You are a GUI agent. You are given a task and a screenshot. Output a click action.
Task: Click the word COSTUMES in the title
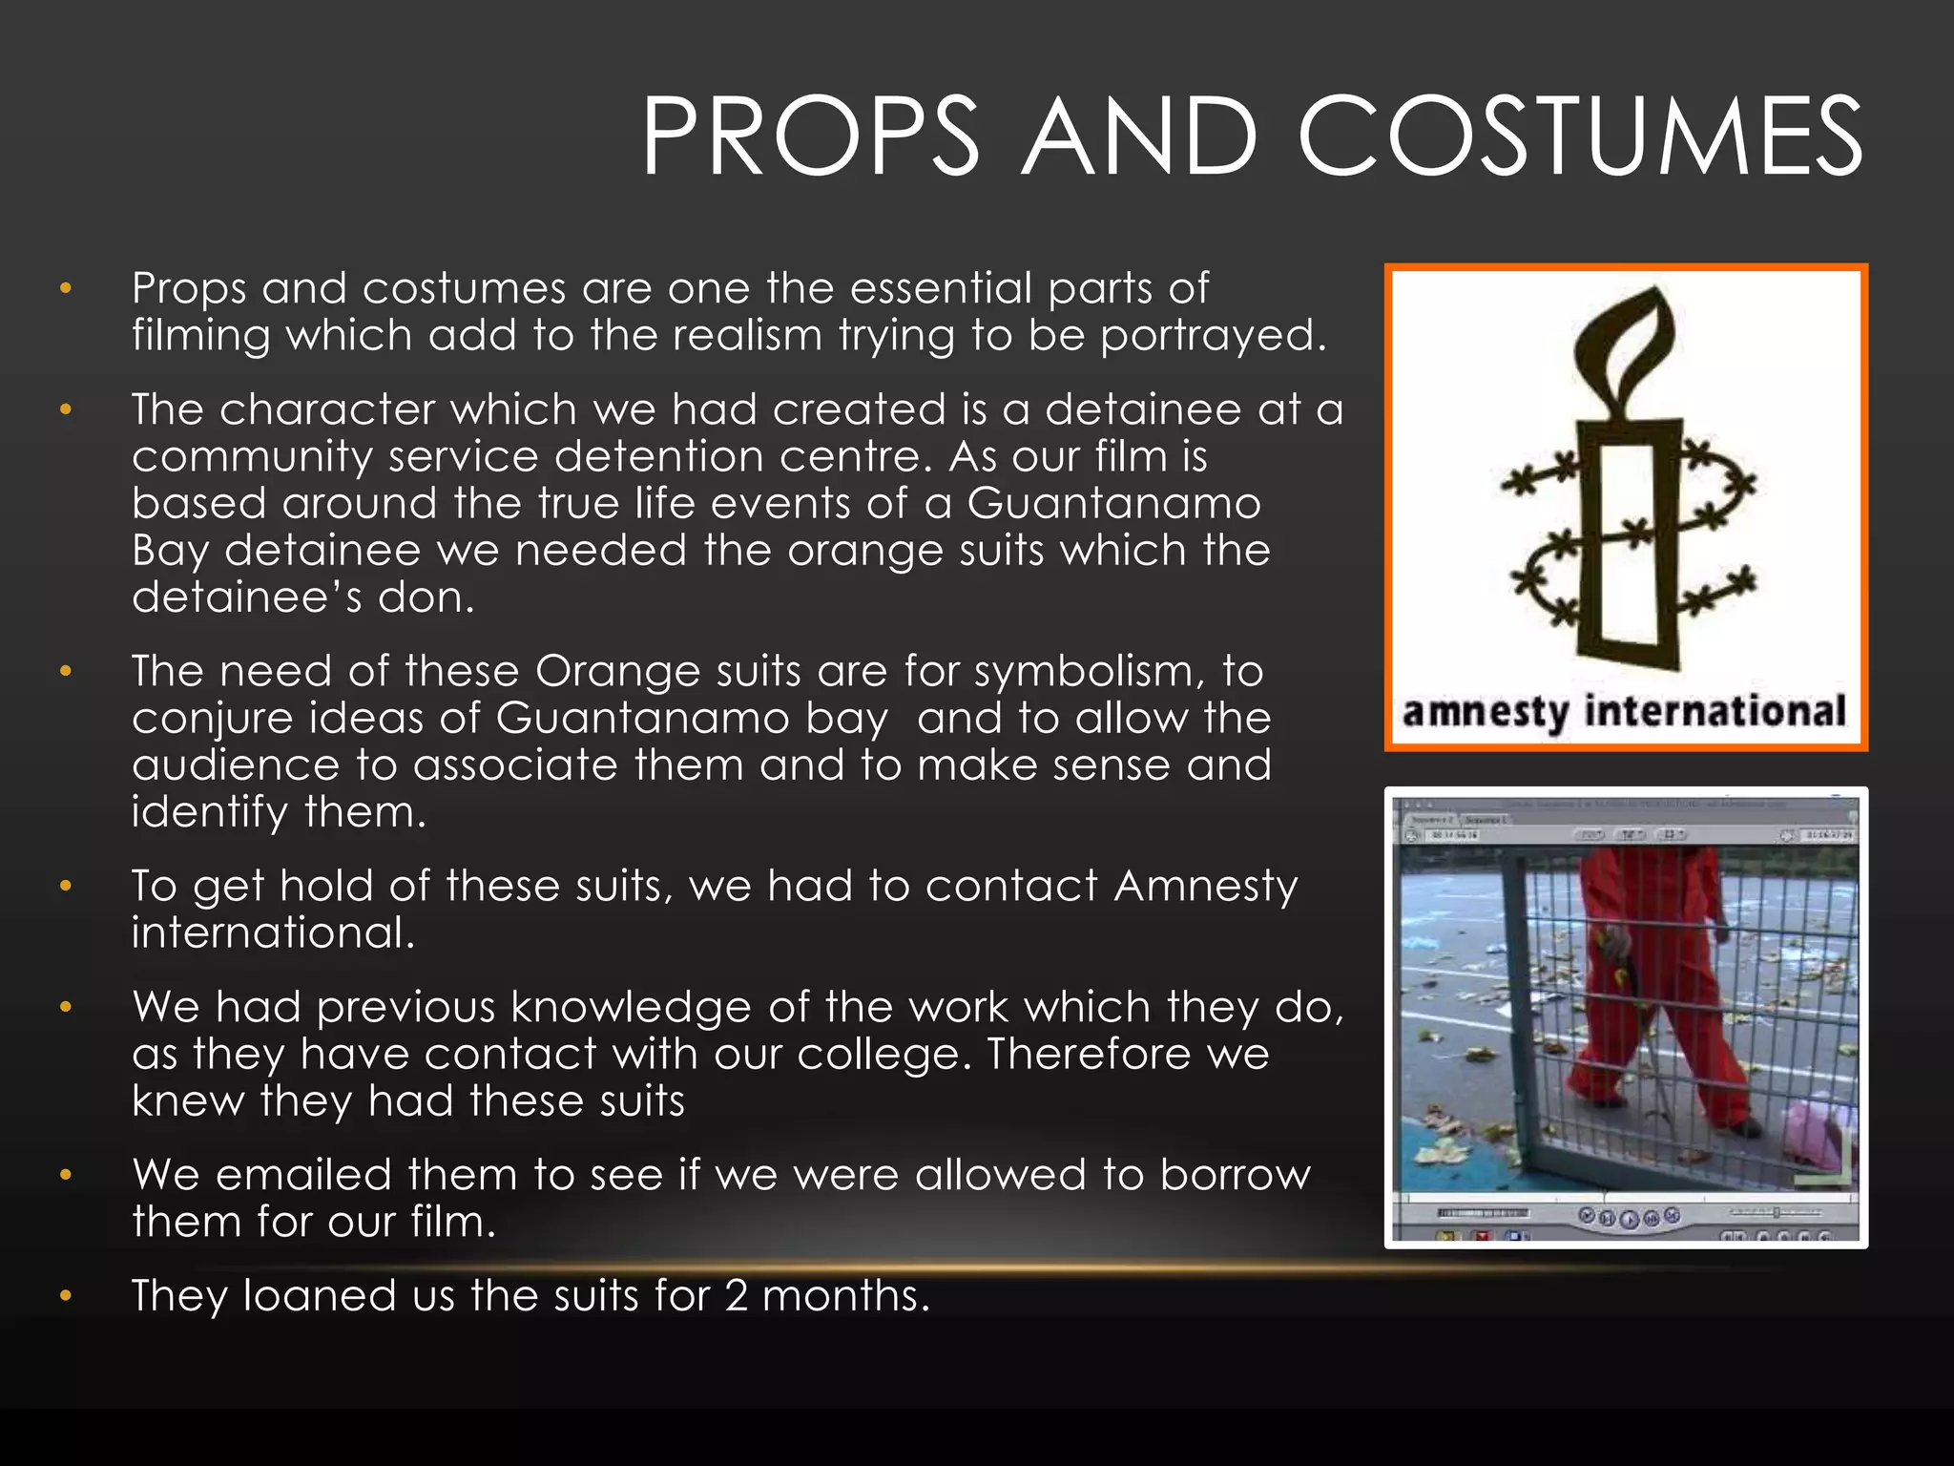pos(1579,136)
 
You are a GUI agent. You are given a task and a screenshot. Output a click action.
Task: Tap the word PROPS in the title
pos(810,136)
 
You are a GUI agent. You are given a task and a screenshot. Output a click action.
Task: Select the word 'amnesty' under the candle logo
pos(1485,713)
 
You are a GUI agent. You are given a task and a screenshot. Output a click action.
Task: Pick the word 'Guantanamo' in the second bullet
pos(1113,503)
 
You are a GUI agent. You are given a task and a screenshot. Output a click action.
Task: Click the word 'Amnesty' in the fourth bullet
pos(1206,887)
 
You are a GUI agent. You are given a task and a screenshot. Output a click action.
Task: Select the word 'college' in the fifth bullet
pos(883,1054)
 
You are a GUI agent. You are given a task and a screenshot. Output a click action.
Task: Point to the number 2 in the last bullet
pos(736,1295)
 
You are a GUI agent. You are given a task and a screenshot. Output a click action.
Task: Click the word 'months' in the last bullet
pos(845,1295)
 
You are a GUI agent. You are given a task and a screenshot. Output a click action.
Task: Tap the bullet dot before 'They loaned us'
pos(66,1296)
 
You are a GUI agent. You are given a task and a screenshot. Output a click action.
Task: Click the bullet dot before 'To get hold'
pos(66,887)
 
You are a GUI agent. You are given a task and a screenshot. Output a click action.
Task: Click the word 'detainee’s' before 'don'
pos(247,597)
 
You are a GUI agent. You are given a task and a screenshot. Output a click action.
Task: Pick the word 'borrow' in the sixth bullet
pos(1236,1175)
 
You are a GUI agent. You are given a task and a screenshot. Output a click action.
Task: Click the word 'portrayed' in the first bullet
pos(1213,335)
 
